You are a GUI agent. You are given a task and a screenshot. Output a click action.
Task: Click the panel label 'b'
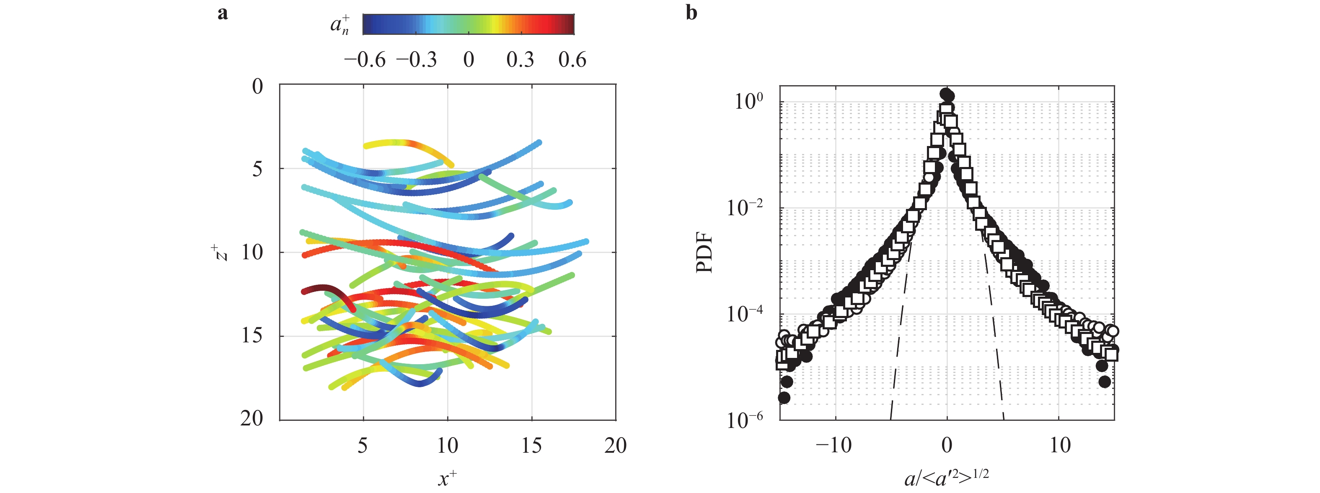tap(691, 12)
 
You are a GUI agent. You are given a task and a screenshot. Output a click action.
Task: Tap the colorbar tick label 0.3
tap(520, 60)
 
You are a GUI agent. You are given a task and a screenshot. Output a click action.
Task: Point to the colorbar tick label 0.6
tap(572, 60)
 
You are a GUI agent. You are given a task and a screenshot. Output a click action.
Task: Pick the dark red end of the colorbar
tap(570, 24)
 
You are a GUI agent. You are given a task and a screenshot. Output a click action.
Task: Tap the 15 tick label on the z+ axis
tap(252, 336)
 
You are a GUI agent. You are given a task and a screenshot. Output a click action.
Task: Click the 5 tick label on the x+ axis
tap(363, 445)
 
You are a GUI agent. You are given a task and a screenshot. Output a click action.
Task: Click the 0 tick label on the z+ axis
tap(257, 86)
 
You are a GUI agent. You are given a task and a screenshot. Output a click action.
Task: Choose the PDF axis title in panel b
tap(705, 253)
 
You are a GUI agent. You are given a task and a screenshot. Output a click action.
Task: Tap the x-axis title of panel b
tap(947, 477)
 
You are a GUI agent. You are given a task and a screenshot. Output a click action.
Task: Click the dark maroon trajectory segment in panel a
tap(323, 290)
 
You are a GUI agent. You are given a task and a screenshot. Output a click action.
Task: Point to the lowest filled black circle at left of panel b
tap(784, 398)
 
